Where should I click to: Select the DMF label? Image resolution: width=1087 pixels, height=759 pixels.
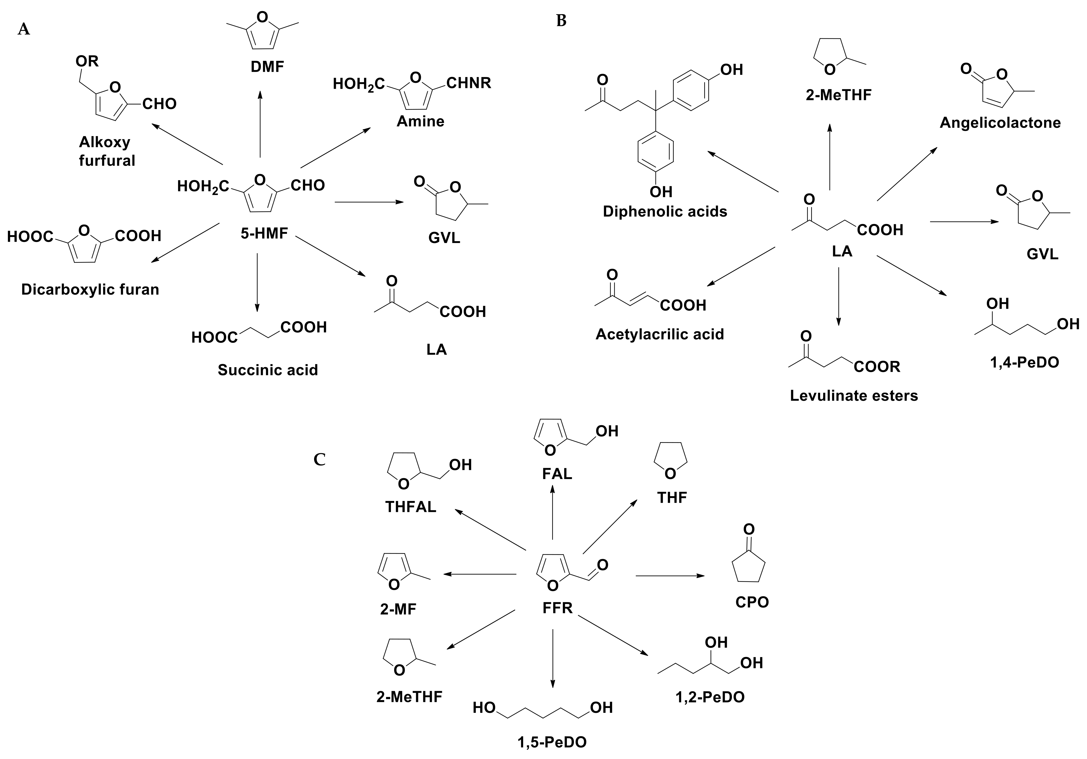[267, 67]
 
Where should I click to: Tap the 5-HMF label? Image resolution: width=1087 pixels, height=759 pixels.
[264, 233]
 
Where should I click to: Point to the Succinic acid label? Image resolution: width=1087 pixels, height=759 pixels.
[268, 370]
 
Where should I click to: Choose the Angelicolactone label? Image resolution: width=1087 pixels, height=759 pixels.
[1000, 123]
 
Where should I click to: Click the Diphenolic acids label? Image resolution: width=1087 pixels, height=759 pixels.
[665, 211]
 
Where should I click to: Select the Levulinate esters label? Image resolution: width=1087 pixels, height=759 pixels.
[854, 395]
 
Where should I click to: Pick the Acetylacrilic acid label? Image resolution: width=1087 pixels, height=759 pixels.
[659, 334]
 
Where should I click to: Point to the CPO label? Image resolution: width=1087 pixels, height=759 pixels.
[752, 602]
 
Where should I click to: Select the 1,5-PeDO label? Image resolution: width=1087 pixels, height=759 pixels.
[552, 742]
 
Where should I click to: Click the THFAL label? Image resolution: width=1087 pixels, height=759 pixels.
[410, 507]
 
